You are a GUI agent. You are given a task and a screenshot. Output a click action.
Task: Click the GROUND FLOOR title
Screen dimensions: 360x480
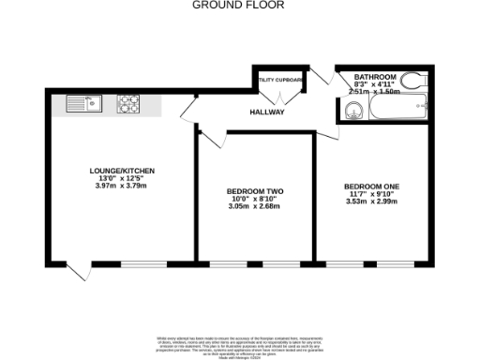[x=239, y=5]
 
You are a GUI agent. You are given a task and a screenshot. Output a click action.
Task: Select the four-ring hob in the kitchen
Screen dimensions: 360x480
[x=128, y=104]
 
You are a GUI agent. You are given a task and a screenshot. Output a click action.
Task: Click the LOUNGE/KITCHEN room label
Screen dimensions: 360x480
[x=122, y=171]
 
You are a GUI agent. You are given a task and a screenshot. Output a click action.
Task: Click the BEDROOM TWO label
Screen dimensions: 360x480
[x=255, y=192]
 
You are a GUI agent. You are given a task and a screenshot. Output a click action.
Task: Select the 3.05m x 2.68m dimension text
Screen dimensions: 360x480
[x=255, y=206]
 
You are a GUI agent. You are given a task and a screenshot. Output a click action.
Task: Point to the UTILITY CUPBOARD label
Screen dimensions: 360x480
[x=279, y=81]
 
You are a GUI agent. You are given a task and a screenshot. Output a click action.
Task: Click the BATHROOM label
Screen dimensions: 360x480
[x=375, y=77]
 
